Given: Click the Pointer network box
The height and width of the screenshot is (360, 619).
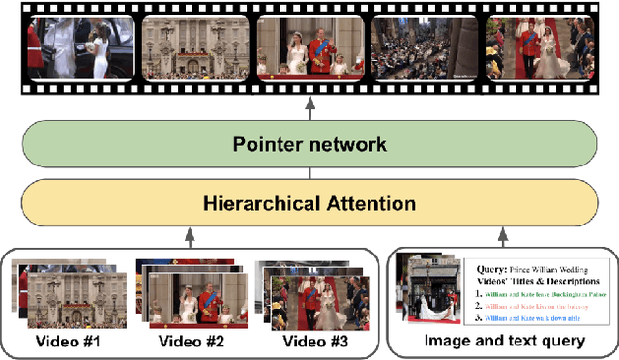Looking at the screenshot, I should click(x=309, y=144).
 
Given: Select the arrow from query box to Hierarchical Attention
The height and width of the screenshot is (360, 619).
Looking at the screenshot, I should click(x=503, y=236).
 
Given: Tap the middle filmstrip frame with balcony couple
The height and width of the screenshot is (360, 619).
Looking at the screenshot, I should click(x=309, y=48).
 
